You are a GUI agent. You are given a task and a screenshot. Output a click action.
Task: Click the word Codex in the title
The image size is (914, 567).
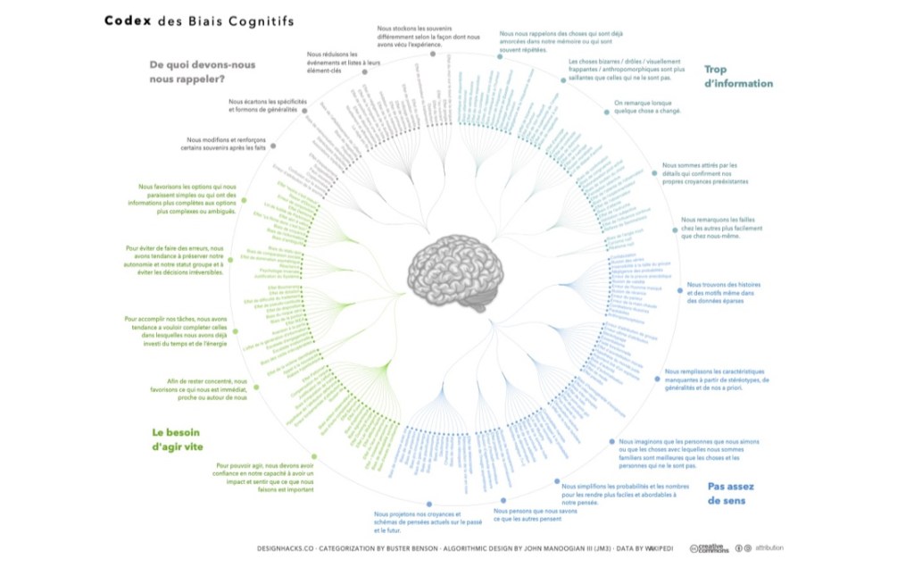pyautogui.click(x=129, y=20)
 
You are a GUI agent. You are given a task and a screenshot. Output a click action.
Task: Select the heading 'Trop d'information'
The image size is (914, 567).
pyautogui.click(x=738, y=76)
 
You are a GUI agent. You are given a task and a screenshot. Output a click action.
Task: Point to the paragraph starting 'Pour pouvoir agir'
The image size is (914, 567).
pyautogui.click(x=265, y=478)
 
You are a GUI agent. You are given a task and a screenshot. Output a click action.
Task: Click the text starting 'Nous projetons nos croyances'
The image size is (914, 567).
pyautogui.click(x=417, y=522)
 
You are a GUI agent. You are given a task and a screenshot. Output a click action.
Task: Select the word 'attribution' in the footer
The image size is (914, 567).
pyautogui.click(x=769, y=547)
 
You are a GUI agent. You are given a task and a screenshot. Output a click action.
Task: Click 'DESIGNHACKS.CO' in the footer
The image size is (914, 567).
pyautogui.click(x=285, y=547)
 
